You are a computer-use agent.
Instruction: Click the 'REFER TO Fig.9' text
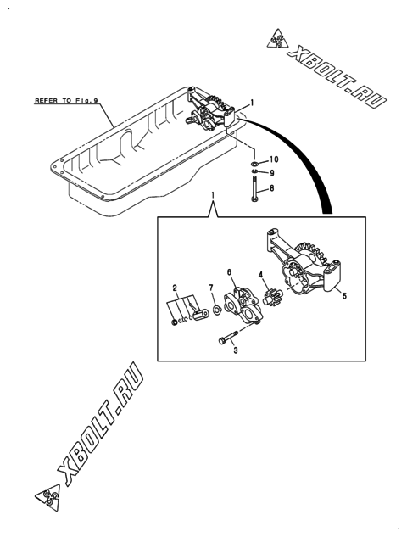[66, 101]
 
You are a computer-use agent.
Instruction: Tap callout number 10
[274, 159]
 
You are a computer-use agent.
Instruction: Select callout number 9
[272, 173]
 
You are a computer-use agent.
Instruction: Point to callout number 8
[272, 188]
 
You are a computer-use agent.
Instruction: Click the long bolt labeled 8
[254, 188]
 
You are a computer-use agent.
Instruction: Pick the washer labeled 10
[254, 163]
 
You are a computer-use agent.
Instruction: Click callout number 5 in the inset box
[344, 295]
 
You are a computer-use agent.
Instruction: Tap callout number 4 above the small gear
[261, 275]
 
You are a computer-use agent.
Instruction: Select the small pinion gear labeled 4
[272, 295]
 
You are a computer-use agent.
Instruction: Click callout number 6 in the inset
[229, 272]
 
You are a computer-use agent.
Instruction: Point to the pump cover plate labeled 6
[243, 305]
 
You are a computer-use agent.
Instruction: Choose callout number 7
[211, 287]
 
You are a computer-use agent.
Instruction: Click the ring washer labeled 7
[217, 310]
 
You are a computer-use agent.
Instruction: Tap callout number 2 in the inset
[175, 288]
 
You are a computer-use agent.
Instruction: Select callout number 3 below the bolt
[236, 350]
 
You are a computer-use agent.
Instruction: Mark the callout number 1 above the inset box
[213, 195]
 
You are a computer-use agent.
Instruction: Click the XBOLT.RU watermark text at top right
[337, 77]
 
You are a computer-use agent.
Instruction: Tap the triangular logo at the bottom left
[47, 496]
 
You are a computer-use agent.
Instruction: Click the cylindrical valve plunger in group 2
[201, 315]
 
